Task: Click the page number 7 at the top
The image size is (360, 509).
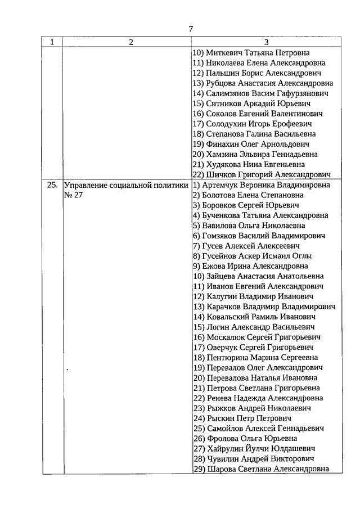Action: click(191, 29)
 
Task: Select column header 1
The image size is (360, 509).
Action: click(52, 43)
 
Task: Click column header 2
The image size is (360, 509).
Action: click(130, 43)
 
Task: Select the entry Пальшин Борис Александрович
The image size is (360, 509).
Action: click(256, 74)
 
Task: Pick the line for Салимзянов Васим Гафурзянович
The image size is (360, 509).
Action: click(260, 94)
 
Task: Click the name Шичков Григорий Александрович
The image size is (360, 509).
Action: click(261, 175)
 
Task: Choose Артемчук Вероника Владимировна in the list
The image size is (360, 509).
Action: click(261, 185)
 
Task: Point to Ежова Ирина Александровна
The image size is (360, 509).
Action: click(250, 266)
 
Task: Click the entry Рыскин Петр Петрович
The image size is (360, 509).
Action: click(242, 418)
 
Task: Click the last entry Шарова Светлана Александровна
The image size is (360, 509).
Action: click(261, 469)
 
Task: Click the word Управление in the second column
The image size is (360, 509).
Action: click(90, 185)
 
